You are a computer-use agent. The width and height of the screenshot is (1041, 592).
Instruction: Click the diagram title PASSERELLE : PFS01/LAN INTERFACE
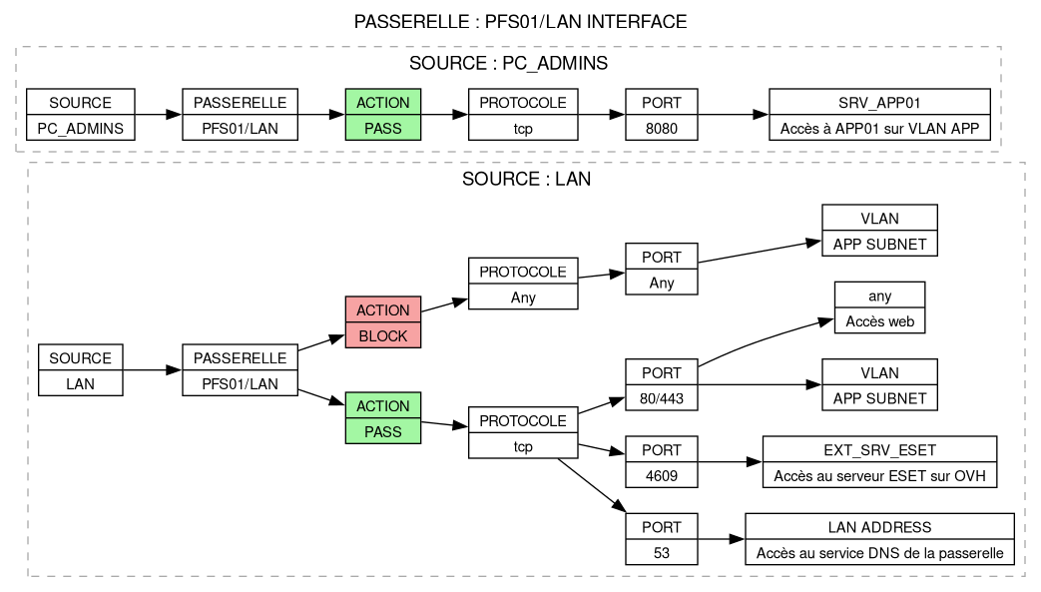pyautogui.click(x=520, y=21)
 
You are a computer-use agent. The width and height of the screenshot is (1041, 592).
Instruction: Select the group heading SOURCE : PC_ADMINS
pyautogui.click(x=509, y=64)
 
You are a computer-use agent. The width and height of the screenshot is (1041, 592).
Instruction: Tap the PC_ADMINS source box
pyautogui.click(x=80, y=115)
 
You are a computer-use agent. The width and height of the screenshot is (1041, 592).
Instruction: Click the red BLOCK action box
pyautogui.click(x=383, y=322)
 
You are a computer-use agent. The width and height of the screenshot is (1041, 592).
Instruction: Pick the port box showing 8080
pyautogui.click(x=661, y=115)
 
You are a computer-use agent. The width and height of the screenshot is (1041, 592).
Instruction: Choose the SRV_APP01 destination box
pyautogui.click(x=879, y=115)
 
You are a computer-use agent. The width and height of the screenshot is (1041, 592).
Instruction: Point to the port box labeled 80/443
pyautogui.click(x=661, y=385)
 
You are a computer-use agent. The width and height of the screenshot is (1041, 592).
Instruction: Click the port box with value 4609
pyautogui.click(x=661, y=462)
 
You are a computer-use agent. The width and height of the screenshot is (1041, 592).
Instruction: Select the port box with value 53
pyautogui.click(x=661, y=539)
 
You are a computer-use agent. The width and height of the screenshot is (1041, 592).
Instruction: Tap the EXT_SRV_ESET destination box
pyautogui.click(x=879, y=462)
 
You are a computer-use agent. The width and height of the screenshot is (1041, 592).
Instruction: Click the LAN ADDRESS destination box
pyautogui.click(x=879, y=539)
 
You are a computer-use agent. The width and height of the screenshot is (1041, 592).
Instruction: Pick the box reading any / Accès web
pyautogui.click(x=879, y=307)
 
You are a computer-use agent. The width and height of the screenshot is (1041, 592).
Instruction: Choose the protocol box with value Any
pyautogui.click(x=523, y=284)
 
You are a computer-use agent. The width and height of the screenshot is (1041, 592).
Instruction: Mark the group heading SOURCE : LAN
pyautogui.click(x=527, y=180)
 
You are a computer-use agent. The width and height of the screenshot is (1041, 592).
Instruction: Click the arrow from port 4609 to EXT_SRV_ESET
pyautogui.click(x=730, y=462)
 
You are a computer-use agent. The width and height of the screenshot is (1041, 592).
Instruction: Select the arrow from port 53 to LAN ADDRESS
pyautogui.click(x=721, y=539)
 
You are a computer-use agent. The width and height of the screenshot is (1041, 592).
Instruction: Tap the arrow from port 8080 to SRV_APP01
pyautogui.click(x=733, y=115)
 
